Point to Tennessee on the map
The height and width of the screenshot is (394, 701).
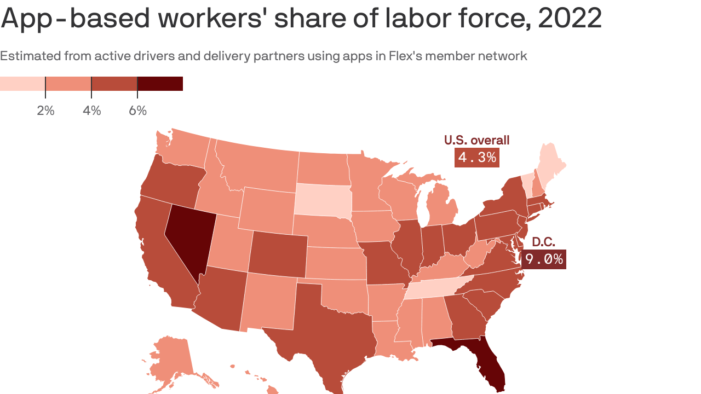click(x=435, y=287)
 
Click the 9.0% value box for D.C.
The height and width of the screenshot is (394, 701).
click(x=543, y=259)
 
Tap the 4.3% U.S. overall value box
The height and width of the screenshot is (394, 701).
click(x=477, y=158)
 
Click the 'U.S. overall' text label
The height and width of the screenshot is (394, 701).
click(x=476, y=140)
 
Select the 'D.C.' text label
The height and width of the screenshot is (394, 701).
click(x=543, y=242)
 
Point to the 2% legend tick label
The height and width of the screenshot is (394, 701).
click(x=45, y=111)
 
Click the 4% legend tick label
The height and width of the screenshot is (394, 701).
click(x=91, y=111)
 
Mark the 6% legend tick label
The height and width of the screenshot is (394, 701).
click(x=137, y=111)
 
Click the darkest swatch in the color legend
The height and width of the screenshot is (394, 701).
click(x=159, y=84)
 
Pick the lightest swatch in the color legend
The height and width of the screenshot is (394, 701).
click(x=22, y=84)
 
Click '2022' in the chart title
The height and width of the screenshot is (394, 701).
click(x=570, y=19)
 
